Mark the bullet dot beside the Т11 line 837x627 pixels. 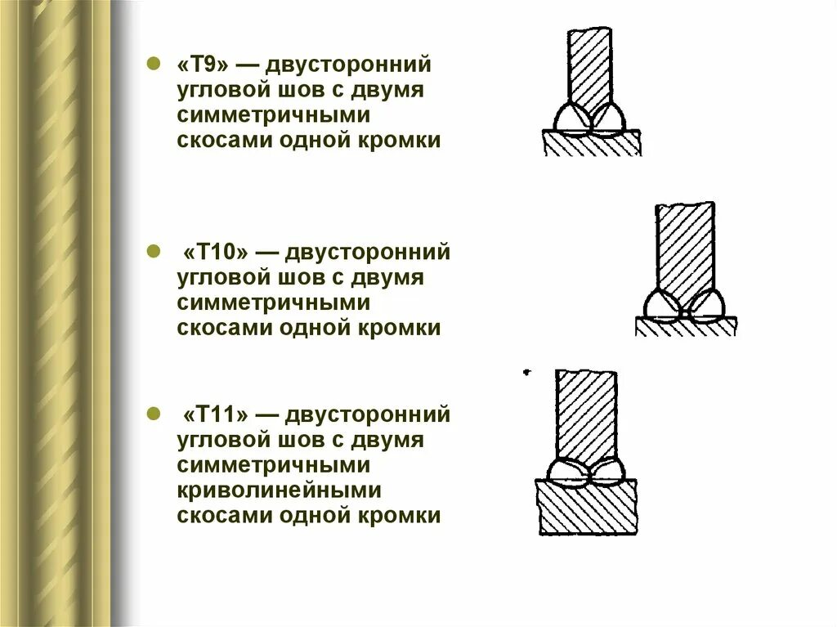(x=151, y=414)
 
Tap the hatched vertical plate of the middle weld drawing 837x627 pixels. (x=685, y=245)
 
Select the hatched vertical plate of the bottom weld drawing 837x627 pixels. (x=586, y=413)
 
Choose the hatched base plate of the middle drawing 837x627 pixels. (x=685, y=326)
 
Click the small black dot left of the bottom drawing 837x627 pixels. (x=526, y=372)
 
